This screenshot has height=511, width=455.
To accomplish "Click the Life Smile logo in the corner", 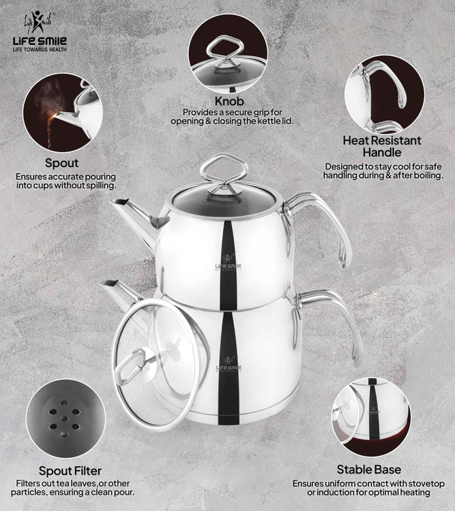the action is (x=40, y=31).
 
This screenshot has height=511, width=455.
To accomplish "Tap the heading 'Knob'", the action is (x=229, y=102).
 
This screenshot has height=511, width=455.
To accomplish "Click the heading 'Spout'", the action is (x=61, y=163).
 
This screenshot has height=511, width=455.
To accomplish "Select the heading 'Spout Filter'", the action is (x=70, y=471).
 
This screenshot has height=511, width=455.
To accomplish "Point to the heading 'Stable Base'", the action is (x=369, y=469).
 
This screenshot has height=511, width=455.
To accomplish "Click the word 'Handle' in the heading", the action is (x=382, y=152).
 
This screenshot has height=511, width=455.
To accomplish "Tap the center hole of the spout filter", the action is (x=65, y=419).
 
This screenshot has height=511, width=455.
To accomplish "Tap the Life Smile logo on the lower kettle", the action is (x=229, y=364).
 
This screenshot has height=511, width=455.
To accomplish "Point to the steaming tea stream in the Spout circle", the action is (x=50, y=129).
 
